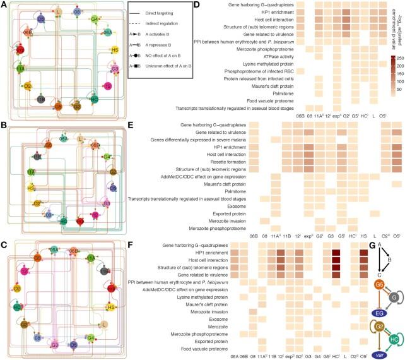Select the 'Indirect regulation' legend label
click(170, 25)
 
